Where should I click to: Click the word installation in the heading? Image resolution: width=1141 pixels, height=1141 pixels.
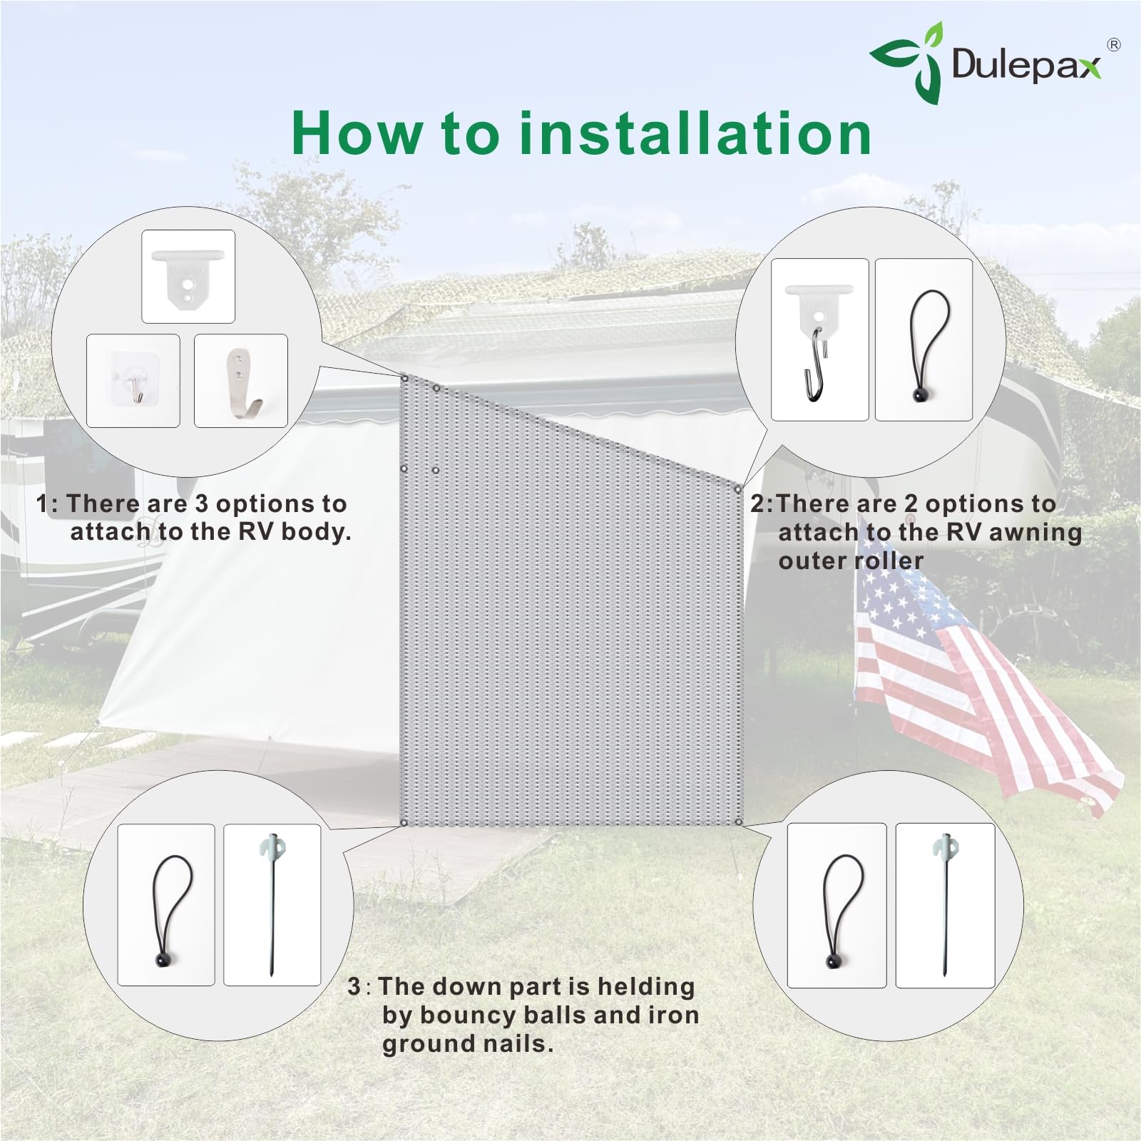(x=695, y=133)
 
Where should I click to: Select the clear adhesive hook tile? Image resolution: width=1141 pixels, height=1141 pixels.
(x=133, y=381)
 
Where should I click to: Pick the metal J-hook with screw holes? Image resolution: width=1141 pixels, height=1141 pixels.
(x=241, y=381)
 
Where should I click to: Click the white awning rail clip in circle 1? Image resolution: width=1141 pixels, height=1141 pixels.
(x=188, y=276)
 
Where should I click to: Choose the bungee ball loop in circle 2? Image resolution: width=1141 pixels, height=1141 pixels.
(x=923, y=340)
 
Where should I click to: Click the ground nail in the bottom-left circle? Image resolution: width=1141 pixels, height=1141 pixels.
(x=272, y=904)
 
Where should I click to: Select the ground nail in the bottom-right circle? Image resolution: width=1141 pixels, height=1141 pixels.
(x=945, y=904)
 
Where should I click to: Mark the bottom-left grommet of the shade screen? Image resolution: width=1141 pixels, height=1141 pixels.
(x=404, y=823)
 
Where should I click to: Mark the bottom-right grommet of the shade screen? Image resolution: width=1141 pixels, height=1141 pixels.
(x=738, y=822)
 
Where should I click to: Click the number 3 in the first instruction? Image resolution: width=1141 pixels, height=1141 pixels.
(x=202, y=504)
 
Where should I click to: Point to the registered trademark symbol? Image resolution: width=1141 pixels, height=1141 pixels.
(x=1113, y=45)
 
